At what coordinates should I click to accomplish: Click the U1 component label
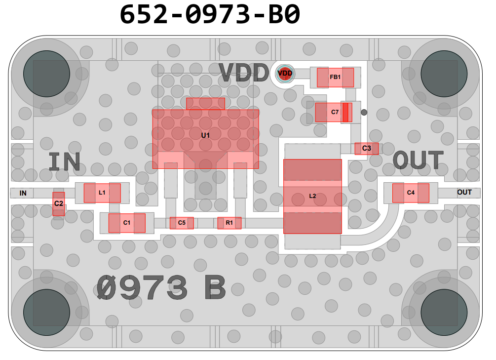(205, 135)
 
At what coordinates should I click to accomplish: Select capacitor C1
(127, 223)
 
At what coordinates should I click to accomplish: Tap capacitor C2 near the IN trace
(59, 204)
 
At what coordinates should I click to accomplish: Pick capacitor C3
(366, 149)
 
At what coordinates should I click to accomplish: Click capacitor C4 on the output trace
(411, 193)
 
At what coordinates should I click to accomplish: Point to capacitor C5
(182, 223)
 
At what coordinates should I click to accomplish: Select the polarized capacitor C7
(334, 112)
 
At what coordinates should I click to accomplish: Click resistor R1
(229, 223)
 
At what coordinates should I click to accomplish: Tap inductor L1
(102, 193)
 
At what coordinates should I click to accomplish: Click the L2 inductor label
(312, 196)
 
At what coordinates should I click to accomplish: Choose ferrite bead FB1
(335, 77)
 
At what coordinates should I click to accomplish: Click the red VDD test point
(285, 74)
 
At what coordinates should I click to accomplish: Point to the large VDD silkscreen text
(244, 73)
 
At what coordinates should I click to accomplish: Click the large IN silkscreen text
(65, 162)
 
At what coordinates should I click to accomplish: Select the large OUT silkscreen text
(418, 160)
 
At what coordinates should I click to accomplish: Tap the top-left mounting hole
(46, 74)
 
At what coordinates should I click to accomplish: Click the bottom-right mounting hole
(444, 312)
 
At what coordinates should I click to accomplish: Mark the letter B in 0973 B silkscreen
(215, 287)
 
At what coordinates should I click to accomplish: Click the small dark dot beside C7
(364, 112)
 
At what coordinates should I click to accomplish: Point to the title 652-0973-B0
(210, 14)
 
